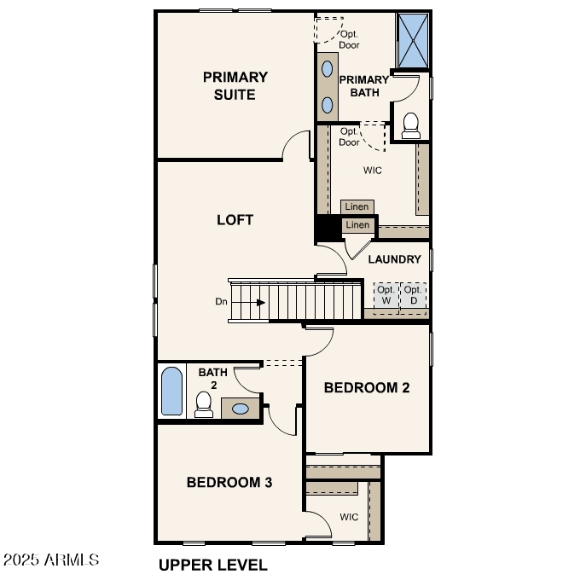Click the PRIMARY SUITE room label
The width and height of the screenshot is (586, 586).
[235, 85]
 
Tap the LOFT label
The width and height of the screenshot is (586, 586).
[235, 220]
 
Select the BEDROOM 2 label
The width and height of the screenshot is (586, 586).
[367, 387]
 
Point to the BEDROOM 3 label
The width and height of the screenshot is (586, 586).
[229, 483]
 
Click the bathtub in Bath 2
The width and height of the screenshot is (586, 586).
[172, 392]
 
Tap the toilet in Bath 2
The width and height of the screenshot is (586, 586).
[203, 403]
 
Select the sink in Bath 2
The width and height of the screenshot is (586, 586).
[241, 409]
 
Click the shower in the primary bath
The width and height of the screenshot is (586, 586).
[414, 40]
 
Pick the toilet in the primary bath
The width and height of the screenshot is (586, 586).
[411, 125]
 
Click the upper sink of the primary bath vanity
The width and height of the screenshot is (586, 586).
[328, 68]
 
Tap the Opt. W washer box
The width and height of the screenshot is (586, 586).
[386, 295]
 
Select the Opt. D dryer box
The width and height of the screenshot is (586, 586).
[414, 295]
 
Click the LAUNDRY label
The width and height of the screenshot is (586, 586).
[394, 259]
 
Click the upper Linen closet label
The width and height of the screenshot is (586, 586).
[357, 207]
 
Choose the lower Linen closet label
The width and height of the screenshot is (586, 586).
[357, 225]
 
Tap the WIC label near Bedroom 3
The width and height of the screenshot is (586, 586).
[349, 517]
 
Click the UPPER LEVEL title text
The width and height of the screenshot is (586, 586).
[212, 565]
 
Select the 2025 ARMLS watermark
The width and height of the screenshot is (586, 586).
[51, 560]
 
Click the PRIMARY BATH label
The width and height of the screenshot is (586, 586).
[364, 86]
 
